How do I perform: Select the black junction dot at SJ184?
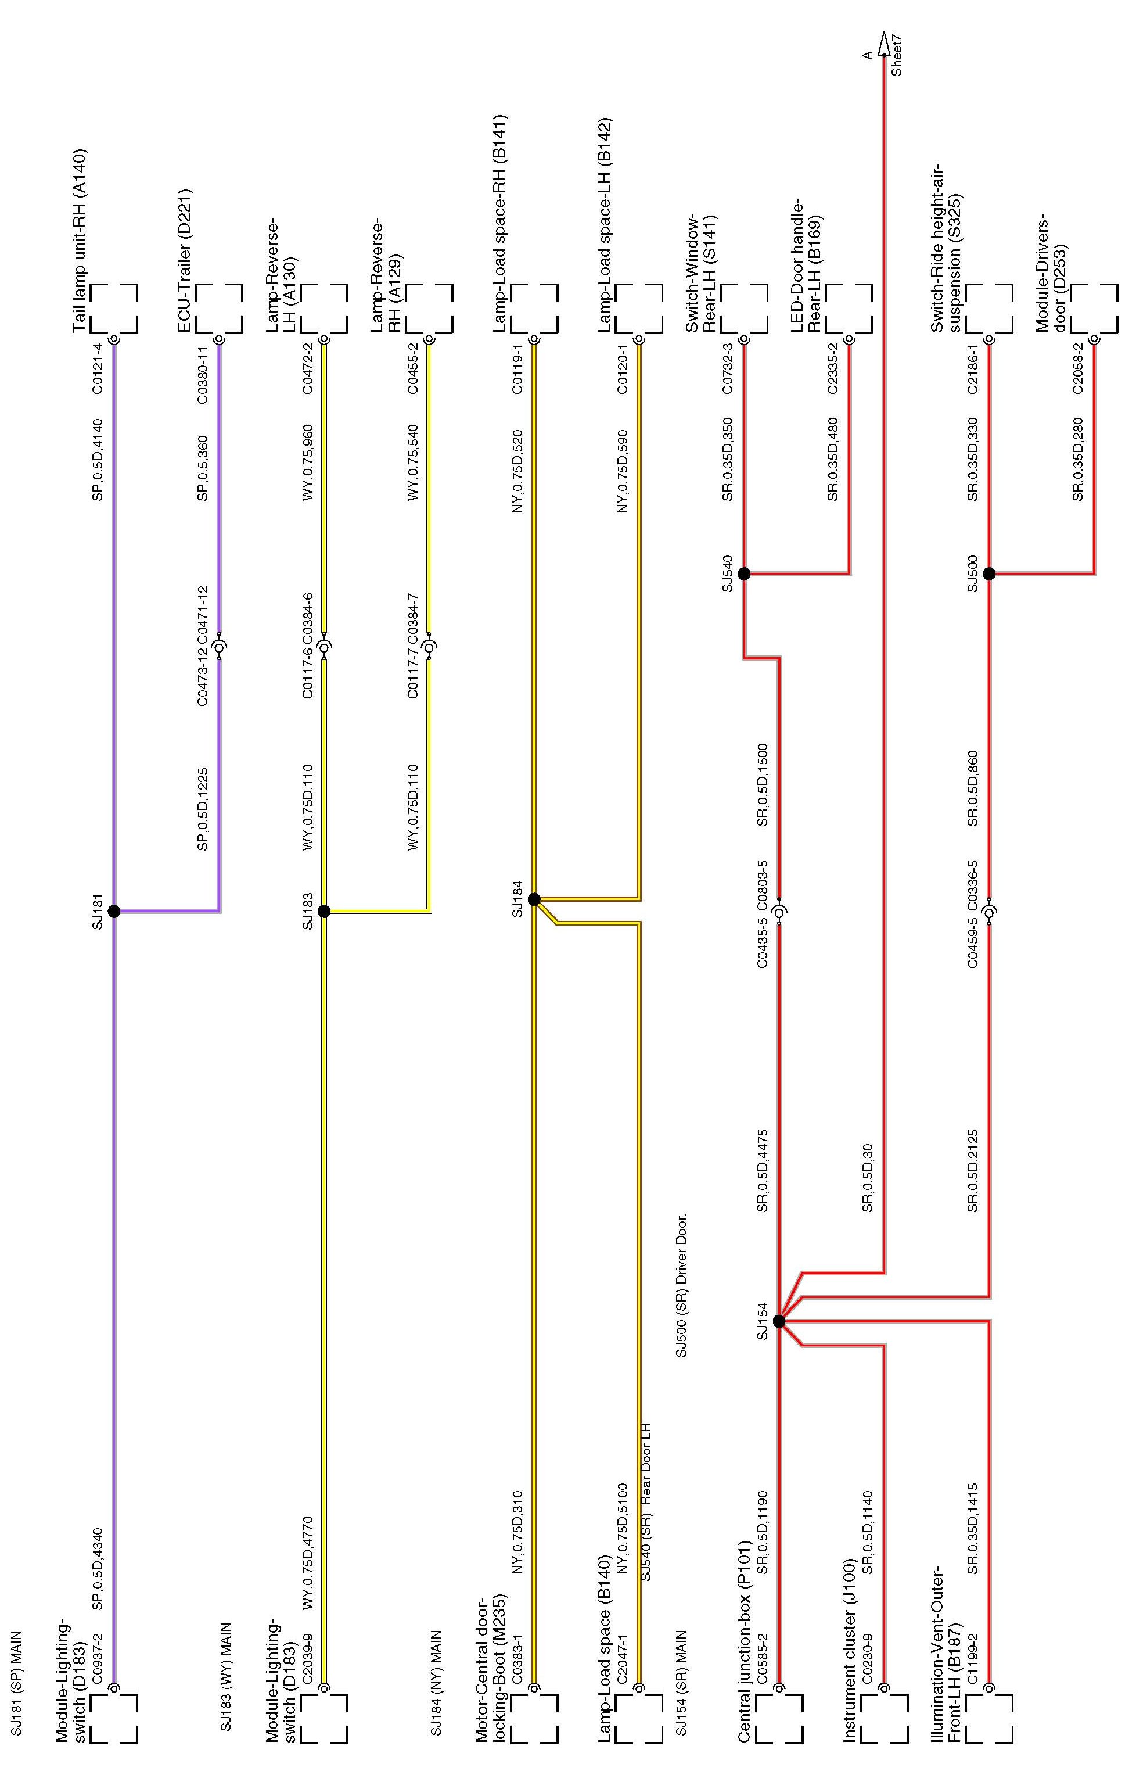click(534, 899)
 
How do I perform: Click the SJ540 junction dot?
click(745, 573)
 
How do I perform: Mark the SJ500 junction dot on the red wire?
click(989, 573)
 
